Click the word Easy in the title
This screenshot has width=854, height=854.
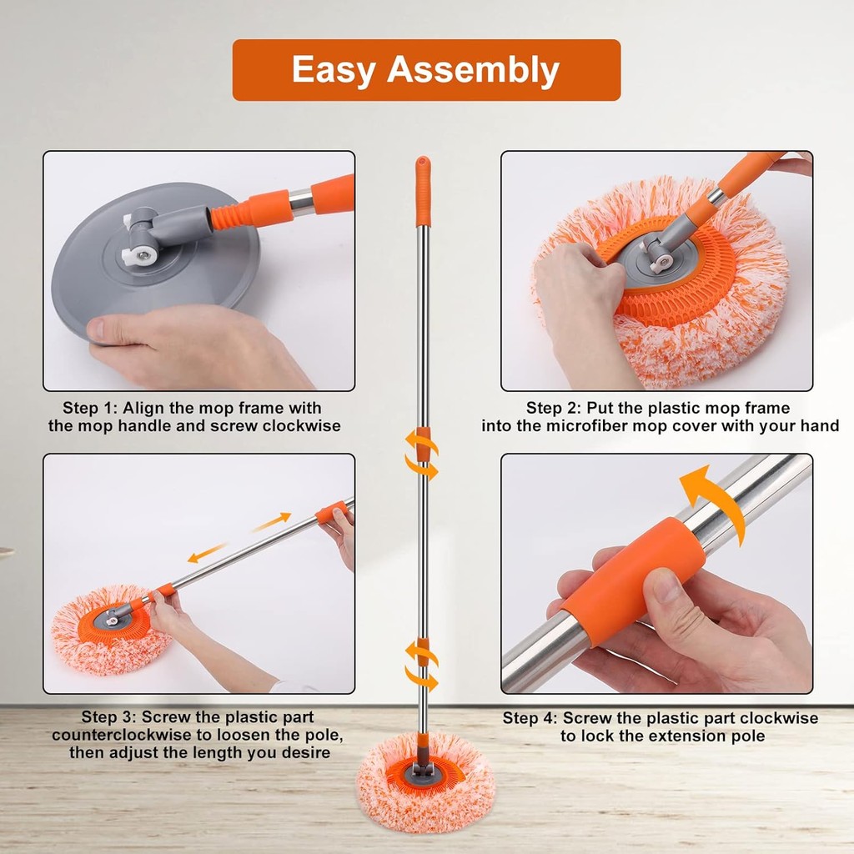(x=334, y=69)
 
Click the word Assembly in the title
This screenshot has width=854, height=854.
(x=473, y=69)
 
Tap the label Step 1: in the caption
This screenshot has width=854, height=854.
(x=90, y=408)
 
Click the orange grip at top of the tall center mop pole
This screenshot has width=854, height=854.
(x=423, y=191)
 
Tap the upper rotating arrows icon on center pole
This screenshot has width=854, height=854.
(x=421, y=454)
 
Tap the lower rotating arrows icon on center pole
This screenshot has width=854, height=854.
(x=421, y=666)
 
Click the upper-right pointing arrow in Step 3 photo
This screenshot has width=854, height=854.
(x=271, y=522)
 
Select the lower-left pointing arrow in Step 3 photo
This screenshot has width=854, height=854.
(x=207, y=553)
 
